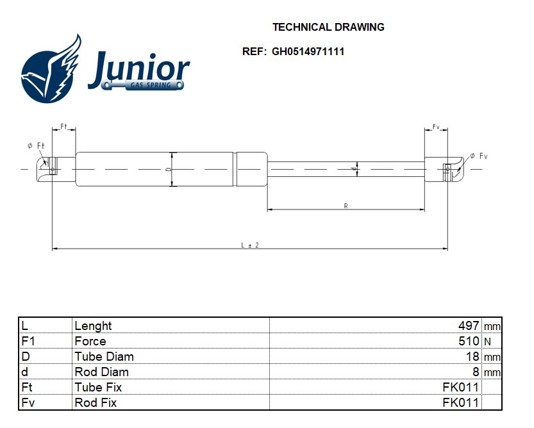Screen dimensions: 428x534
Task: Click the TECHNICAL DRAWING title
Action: pos(328,28)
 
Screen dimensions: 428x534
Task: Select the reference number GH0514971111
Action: pos(308,52)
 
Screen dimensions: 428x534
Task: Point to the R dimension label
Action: pos(346,206)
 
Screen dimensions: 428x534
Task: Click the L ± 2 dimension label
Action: pos(249,245)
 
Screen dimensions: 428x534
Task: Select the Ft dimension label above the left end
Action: pos(64,126)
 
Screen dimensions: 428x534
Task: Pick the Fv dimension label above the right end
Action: pos(436,126)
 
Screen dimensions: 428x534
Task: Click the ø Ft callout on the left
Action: pos(36,146)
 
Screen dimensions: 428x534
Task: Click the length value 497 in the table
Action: pos(469,326)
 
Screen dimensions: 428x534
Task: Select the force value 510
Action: pos(469,342)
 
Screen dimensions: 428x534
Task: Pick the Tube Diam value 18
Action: pos(472,357)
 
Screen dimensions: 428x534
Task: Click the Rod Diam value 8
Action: pos(476,372)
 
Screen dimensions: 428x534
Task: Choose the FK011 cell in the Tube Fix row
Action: pos(460,388)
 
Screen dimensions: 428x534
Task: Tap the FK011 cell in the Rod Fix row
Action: pos(460,403)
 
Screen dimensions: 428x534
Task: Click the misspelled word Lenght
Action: pos(93,326)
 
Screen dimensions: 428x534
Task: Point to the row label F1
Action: pos(28,342)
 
